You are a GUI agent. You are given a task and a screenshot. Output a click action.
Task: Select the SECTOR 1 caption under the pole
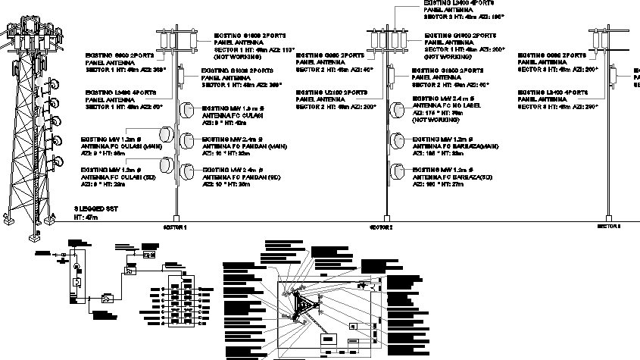point(176,227)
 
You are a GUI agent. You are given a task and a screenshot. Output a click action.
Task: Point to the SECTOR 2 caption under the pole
point(380,227)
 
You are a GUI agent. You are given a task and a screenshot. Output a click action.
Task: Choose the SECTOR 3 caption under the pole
point(608,227)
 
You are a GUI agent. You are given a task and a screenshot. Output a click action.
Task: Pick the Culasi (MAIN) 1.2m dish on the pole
point(167,139)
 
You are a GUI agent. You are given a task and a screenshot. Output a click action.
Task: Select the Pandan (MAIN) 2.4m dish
point(186,141)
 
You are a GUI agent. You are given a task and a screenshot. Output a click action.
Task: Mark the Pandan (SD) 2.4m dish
point(186,172)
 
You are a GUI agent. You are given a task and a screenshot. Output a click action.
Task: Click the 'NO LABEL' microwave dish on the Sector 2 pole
point(395,112)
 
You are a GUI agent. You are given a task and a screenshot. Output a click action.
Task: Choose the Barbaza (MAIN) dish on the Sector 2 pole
point(395,141)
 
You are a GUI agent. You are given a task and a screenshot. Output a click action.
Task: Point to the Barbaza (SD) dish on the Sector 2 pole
point(395,171)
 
